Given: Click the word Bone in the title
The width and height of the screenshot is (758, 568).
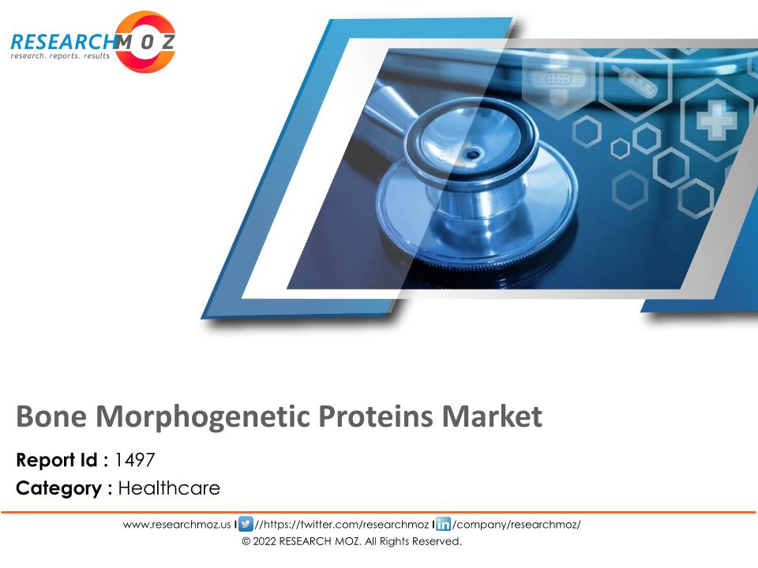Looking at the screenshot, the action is [x=51, y=416].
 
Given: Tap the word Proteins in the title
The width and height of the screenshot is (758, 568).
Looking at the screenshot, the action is [x=376, y=416].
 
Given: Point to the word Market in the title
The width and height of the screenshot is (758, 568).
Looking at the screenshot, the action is [x=492, y=416].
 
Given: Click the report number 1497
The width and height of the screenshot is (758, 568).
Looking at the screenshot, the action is [x=135, y=460].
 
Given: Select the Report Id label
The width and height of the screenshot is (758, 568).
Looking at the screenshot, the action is [x=57, y=460].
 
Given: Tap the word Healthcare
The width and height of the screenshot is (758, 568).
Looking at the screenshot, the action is [x=169, y=488].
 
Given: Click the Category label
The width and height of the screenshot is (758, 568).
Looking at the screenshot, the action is [x=59, y=489].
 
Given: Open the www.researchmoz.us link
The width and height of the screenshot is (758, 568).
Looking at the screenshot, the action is [x=177, y=525].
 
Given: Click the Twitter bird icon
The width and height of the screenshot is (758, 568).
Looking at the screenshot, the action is [x=246, y=524].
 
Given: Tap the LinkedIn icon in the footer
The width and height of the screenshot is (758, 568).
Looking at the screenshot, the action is [x=443, y=524].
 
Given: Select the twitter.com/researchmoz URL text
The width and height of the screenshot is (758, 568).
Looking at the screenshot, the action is [x=341, y=525].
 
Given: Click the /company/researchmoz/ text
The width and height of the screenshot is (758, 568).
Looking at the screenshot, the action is [x=516, y=525].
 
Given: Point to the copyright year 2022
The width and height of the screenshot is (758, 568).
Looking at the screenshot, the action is [x=265, y=541].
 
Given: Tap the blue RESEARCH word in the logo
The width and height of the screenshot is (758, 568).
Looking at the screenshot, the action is [x=63, y=42].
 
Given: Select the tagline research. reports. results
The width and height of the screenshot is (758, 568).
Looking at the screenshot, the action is [x=61, y=56].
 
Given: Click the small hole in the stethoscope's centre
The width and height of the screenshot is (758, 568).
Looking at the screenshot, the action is [x=472, y=155].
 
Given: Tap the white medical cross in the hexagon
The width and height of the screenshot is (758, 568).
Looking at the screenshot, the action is [x=716, y=120].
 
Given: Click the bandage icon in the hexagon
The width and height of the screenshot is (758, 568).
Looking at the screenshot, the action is [x=558, y=78].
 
